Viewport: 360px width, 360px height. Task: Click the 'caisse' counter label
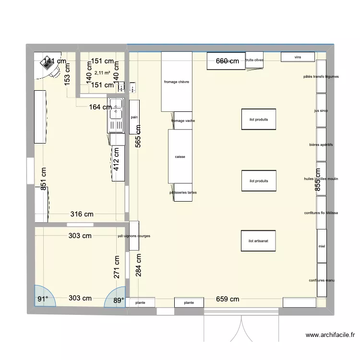pyautogui.click(x=180, y=156)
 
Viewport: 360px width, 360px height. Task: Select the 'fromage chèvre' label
pyautogui.click(x=176, y=82)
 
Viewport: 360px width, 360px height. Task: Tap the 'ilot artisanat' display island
pyautogui.click(x=258, y=241)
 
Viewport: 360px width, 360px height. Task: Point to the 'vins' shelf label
pyautogui.click(x=298, y=57)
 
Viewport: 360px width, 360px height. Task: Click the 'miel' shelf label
pyautogui.click(x=321, y=247)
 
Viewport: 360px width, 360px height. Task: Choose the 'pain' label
pyautogui.click(x=134, y=117)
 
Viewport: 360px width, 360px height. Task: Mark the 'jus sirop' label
pyautogui.click(x=321, y=110)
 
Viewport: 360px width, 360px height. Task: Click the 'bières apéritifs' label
pyautogui.click(x=321, y=144)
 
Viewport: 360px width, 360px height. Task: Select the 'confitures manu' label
pyautogui.click(x=322, y=280)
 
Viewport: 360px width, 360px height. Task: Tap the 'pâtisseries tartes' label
pyautogui.click(x=182, y=192)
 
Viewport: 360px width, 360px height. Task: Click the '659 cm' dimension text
pyautogui.click(x=228, y=299)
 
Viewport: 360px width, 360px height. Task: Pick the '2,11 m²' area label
pyautogui.click(x=102, y=73)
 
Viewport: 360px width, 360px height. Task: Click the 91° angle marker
pyautogui.click(x=43, y=299)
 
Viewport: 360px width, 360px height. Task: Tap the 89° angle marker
pyautogui.click(x=118, y=300)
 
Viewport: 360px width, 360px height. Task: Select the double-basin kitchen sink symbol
pyautogui.click(x=116, y=115)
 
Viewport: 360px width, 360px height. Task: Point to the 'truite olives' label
pyautogui.click(x=254, y=60)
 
